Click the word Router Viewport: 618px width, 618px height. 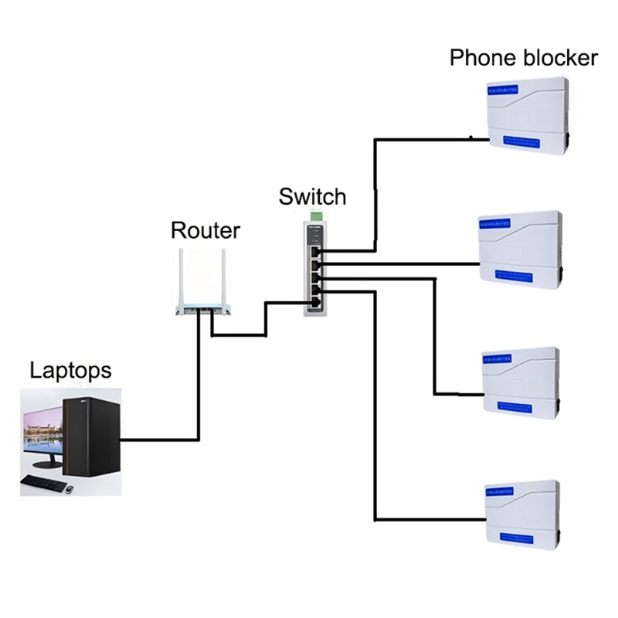205,230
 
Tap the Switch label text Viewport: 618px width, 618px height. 312,196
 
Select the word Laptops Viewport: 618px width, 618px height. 70,370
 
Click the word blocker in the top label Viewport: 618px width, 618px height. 559,58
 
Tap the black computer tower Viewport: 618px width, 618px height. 91,436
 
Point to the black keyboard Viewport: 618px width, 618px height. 43,483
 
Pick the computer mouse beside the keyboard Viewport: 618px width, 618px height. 70,488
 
